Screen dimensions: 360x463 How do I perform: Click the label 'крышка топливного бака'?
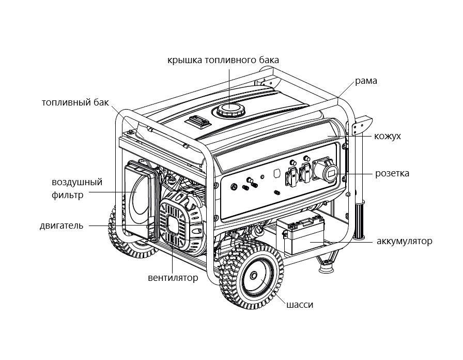click(x=223, y=59)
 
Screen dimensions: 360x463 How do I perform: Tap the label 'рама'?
click(x=366, y=81)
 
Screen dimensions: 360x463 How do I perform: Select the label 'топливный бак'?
click(x=75, y=102)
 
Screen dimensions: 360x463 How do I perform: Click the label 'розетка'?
click(x=392, y=173)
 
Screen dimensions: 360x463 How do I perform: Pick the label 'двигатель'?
click(x=61, y=226)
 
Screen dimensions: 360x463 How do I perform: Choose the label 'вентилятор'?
click(x=173, y=278)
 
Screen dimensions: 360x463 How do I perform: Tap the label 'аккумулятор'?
click(x=404, y=241)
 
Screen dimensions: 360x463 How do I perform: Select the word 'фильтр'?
click(x=67, y=195)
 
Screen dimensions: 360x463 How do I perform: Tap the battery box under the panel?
click(x=300, y=235)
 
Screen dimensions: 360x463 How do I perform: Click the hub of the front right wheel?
click(x=254, y=277)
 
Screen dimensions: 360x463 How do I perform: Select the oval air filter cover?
click(x=138, y=199)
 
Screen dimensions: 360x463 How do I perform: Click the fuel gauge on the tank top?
click(x=197, y=122)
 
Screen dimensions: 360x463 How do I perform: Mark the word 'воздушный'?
click(x=77, y=182)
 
